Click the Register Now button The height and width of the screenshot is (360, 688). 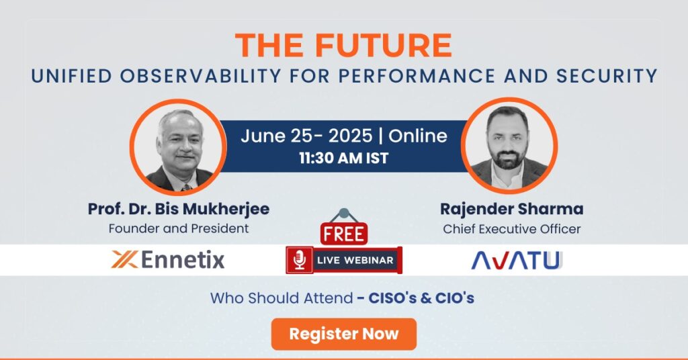click(343, 334)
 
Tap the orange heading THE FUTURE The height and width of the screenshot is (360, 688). click(343, 46)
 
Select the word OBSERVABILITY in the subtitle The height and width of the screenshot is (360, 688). click(200, 76)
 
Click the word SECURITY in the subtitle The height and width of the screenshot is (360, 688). click(607, 76)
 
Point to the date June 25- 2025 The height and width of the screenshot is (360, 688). click(306, 136)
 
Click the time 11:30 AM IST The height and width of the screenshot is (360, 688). click(343, 158)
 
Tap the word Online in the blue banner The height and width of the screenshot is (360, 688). click(418, 136)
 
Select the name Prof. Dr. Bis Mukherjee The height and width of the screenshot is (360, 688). click(179, 209)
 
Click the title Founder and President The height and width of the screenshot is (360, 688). click(179, 228)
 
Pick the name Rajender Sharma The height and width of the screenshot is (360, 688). click(511, 209)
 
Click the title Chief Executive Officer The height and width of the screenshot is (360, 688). click(511, 229)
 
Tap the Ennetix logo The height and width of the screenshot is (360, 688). click(168, 259)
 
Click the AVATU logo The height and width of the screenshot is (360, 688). click(517, 260)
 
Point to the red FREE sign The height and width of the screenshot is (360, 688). click(344, 234)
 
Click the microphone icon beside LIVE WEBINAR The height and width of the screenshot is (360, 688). click(300, 260)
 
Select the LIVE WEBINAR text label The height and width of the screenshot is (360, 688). click(355, 260)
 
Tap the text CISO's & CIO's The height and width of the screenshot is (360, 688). click(421, 298)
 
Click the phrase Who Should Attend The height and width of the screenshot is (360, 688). click(282, 298)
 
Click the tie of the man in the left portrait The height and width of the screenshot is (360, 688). click(187, 187)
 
